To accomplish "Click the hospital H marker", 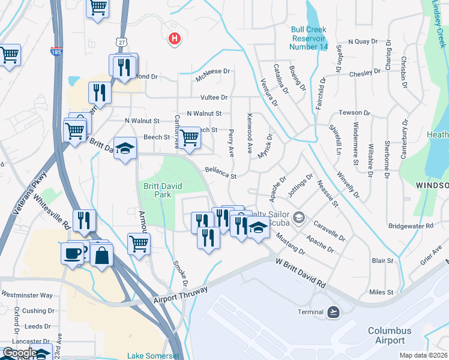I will click(174, 39).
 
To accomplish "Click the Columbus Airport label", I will click(390, 335).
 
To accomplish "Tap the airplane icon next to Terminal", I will click(333, 312).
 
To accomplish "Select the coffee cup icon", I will click(72, 252).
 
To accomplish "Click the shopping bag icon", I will click(102, 255).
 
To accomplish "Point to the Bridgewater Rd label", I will click(411, 226).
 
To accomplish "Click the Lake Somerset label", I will click(153, 356).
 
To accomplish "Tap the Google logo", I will click(19, 352).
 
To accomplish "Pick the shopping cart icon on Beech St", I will click(190, 137).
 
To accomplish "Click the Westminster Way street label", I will click(27, 295).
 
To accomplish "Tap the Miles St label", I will click(381, 292).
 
